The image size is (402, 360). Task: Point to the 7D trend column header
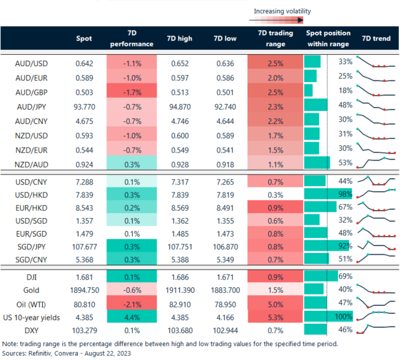(376, 39)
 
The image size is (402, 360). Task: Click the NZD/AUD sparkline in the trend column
(376, 163)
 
